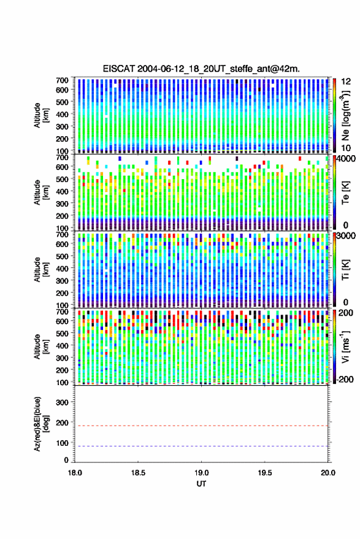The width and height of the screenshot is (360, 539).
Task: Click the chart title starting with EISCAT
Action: pos(201,69)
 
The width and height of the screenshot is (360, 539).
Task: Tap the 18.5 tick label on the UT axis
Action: pos(138,473)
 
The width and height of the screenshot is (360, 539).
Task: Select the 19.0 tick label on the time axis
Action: pos(201,473)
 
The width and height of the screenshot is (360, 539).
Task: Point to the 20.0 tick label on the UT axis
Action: pos(328,473)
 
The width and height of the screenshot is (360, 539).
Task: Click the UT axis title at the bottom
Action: pos(201,484)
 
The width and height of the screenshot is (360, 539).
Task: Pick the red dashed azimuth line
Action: pos(201,426)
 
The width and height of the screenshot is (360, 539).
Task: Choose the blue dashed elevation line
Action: pos(201,446)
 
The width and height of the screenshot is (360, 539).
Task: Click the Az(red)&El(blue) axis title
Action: pos(41,424)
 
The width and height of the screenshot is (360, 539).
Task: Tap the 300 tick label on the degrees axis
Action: pos(62,402)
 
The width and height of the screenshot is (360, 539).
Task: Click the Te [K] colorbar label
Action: pos(345,193)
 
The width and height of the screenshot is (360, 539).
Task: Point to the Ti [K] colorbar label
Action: pos(345,270)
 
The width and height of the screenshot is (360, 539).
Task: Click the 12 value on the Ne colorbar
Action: pos(346,82)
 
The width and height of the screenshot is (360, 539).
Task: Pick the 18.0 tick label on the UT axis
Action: pos(75,473)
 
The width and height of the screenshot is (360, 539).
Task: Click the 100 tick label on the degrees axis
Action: pos(62,443)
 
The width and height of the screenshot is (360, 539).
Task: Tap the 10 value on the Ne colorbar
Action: pos(346,148)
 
